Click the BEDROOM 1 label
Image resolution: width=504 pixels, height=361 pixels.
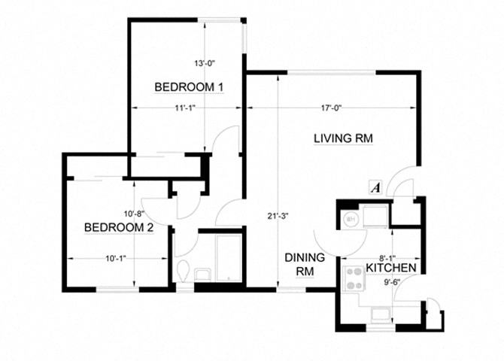click(x=189, y=87)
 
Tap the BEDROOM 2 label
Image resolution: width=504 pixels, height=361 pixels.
click(x=118, y=227)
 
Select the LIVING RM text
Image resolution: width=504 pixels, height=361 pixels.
click(x=343, y=138)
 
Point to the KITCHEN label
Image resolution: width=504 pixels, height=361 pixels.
click(x=392, y=268)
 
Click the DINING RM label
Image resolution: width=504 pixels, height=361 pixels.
click(x=304, y=264)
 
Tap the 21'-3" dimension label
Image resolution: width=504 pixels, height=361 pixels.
click(x=278, y=216)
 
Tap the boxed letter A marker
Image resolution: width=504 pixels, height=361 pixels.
click(x=375, y=187)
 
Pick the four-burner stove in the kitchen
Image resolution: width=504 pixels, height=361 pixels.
click(x=352, y=278)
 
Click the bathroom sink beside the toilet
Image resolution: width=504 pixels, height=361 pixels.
click(x=202, y=275)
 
